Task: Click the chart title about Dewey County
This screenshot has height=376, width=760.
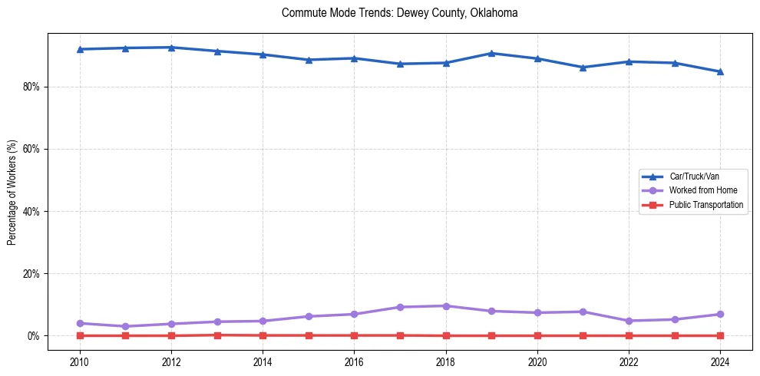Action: point(400,13)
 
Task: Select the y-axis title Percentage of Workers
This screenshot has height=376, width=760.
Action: point(12,192)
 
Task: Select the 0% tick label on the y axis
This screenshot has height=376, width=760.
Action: point(33,335)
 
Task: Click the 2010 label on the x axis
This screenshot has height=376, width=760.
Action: point(80,362)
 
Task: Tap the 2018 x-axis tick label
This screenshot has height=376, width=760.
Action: point(446,362)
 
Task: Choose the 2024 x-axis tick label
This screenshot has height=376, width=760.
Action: point(720,362)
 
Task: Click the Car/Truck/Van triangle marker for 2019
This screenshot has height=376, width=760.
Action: point(491,53)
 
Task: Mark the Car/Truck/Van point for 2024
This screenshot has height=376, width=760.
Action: point(720,71)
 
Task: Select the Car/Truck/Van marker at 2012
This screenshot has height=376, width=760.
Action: point(171,48)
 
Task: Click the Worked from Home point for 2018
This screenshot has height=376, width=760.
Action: point(446,306)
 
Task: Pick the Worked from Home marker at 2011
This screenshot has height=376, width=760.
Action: point(125,326)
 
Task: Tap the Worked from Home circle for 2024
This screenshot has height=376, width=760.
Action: point(720,314)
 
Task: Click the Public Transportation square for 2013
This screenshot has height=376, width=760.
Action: point(217,335)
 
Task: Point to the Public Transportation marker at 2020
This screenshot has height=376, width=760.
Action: point(537,335)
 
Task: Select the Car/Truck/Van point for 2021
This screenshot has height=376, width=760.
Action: point(583,68)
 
